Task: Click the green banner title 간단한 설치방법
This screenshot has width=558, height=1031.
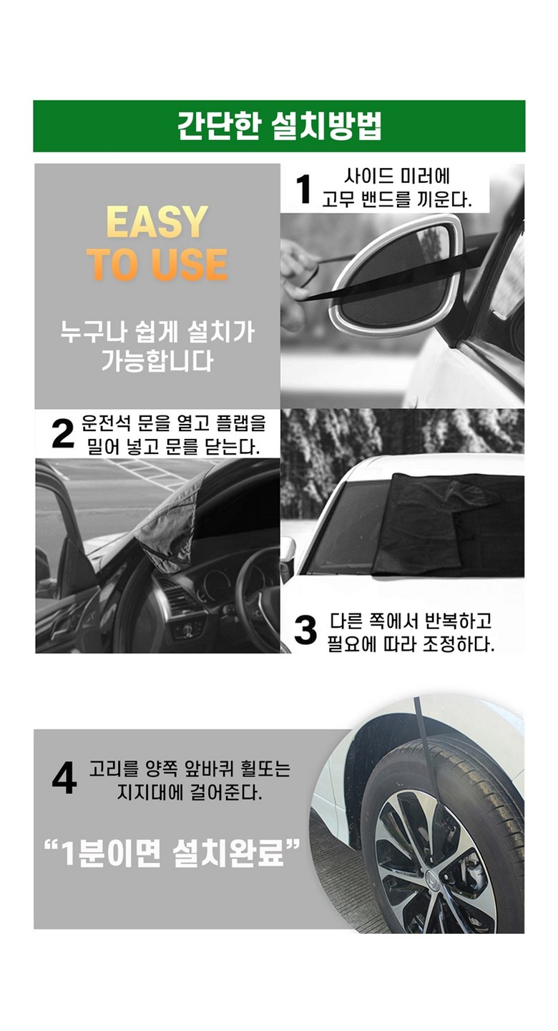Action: (280, 126)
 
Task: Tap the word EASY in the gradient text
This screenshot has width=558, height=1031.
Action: (157, 222)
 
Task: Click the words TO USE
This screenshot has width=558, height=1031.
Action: (158, 265)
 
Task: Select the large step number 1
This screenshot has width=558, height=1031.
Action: (303, 189)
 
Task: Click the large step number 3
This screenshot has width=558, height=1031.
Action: (305, 630)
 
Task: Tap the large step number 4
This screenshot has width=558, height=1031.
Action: (64, 779)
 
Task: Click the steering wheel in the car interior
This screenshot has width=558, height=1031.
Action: (258, 593)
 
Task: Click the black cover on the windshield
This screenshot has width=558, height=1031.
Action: (449, 525)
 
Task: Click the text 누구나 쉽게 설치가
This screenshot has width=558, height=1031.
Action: (157, 332)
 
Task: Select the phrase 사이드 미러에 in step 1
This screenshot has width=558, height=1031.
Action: (397, 177)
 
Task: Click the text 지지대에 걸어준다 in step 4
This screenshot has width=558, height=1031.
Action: (190, 791)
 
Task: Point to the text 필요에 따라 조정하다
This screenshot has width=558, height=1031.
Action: (411, 643)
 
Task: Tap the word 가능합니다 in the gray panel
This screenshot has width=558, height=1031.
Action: (157, 360)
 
